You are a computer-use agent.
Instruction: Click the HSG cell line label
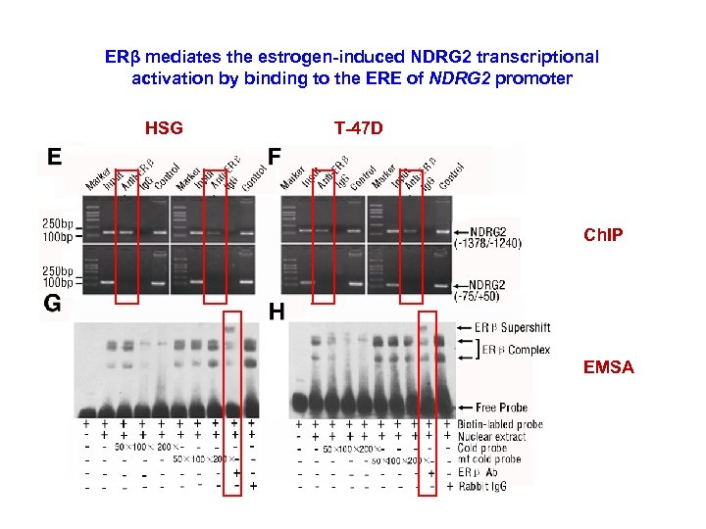(164, 126)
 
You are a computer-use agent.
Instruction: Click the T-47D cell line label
(358, 126)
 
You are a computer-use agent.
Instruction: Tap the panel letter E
(54, 158)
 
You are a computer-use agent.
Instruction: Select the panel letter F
(275, 157)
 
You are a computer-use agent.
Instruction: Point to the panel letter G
(53, 304)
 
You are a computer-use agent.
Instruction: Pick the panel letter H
(277, 313)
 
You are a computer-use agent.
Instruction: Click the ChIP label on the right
(602, 236)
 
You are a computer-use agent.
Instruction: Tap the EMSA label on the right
(608, 367)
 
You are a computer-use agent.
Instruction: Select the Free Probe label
(501, 407)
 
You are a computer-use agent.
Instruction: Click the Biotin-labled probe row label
(501, 424)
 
